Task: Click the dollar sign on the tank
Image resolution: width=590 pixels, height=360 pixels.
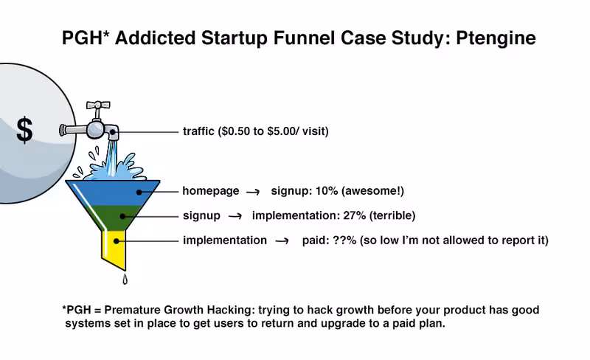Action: pos(24,130)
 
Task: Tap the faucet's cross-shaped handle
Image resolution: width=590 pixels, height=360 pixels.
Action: pos(98,105)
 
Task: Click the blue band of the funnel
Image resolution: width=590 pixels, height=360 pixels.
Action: pos(113,193)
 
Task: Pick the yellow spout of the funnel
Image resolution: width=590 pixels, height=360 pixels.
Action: pos(114,249)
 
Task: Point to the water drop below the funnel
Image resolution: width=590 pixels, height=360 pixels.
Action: pos(125,279)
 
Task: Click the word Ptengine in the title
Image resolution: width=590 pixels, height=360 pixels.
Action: pos(496,38)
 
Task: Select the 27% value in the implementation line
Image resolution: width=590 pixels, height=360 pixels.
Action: pos(354,215)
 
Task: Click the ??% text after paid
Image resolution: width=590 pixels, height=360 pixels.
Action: pos(344,240)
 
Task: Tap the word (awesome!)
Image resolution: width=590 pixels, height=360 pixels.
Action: pos(372,191)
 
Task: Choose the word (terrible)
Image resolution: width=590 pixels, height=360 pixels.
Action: pos(392,215)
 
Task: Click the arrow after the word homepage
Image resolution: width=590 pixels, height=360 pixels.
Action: pos(253,192)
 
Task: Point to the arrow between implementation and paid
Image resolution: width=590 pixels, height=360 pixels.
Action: pos(282,241)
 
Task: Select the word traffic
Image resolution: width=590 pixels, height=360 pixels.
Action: pos(198,131)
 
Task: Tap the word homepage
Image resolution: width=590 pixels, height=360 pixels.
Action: pos(211,191)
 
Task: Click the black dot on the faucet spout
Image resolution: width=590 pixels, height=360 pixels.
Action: pos(113,132)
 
